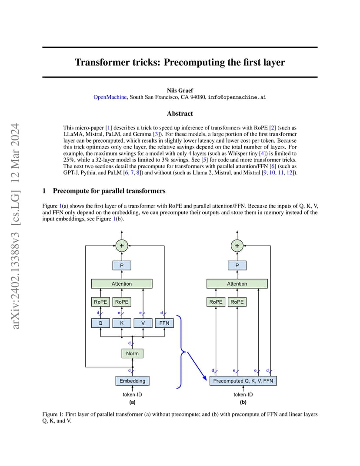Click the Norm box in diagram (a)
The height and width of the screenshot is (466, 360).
pos(132,353)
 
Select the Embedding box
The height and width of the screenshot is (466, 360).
pos(132,381)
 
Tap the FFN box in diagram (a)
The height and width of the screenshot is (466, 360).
pos(164,323)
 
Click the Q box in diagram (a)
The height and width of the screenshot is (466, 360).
pos(100,323)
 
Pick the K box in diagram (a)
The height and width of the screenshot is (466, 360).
pos(122,323)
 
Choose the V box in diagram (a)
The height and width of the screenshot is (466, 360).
pos(143,323)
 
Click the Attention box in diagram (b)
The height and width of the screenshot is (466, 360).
pos(237,283)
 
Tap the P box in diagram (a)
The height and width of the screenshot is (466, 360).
pos(122,266)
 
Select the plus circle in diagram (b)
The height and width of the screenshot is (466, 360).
pos(237,246)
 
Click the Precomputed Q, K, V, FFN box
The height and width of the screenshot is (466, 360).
pos(243,381)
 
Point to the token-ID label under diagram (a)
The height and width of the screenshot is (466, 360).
pos(132,394)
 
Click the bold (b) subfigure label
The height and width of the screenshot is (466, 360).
pos(243,402)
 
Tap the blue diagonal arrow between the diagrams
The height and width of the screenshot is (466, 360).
pos(197,366)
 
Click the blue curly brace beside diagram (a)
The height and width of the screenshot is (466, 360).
pos(181,352)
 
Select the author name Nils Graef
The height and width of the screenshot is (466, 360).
pos(180,90)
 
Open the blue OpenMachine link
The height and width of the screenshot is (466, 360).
pos(110,97)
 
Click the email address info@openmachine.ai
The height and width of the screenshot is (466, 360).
pos(237,97)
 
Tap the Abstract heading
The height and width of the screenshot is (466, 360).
pos(180,113)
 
